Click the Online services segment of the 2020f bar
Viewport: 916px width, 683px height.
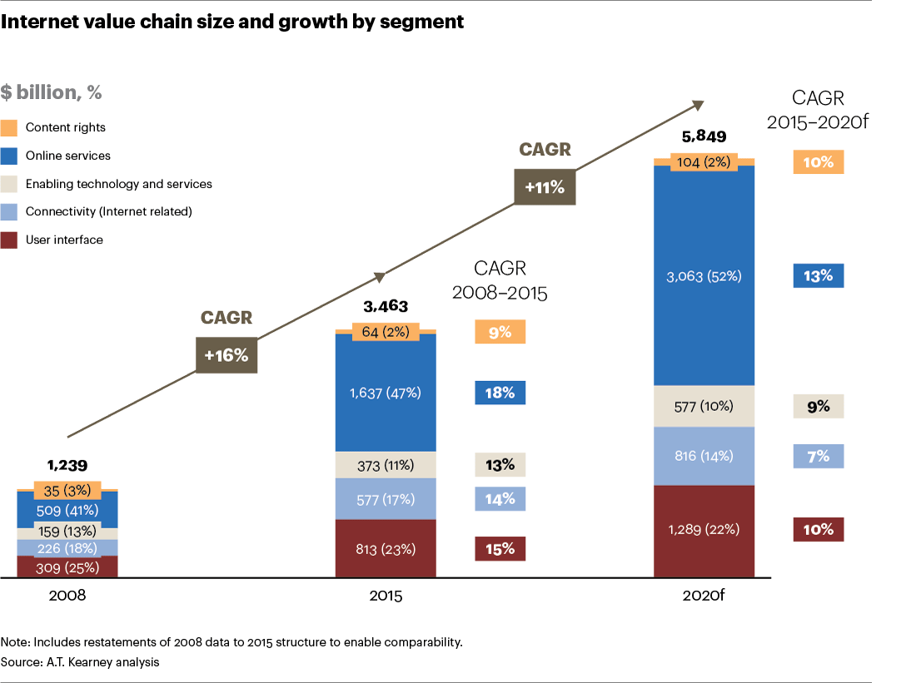click(x=704, y=275)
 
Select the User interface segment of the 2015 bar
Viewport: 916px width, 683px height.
click(x=386, y=548)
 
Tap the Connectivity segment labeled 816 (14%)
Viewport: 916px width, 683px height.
click(x=704, y=456)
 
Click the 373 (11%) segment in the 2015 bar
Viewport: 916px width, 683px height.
click(x=386, y=464)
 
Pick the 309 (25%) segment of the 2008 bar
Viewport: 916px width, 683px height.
click(x=67, y=567)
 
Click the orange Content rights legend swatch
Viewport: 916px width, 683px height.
click(x=9, y=128)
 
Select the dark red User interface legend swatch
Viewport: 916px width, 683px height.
click(x=9, y=240)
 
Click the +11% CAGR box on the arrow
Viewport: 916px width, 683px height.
click(x=545, y=187)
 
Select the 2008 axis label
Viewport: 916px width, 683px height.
click(x=67, y=596)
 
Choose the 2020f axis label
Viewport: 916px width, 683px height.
click(x=704, y=596)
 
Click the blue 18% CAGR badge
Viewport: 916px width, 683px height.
click(x=500, y=393)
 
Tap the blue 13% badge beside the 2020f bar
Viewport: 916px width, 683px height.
click(x=819, y=275)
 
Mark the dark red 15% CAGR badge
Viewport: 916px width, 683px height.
click(x=500, y=548)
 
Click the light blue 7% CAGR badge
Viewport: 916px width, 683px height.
click(x=819, y=456)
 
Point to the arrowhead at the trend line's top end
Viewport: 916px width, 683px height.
click(x=699, y=104)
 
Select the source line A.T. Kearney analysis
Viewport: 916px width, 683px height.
click(x=80, y=662)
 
